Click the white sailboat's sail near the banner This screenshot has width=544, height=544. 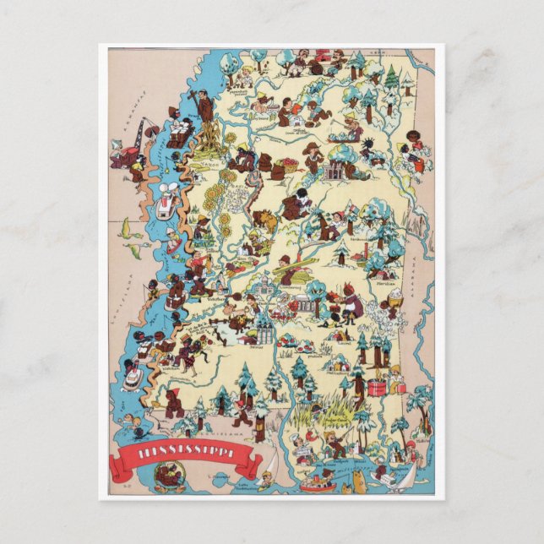click(x=268, y=464)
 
